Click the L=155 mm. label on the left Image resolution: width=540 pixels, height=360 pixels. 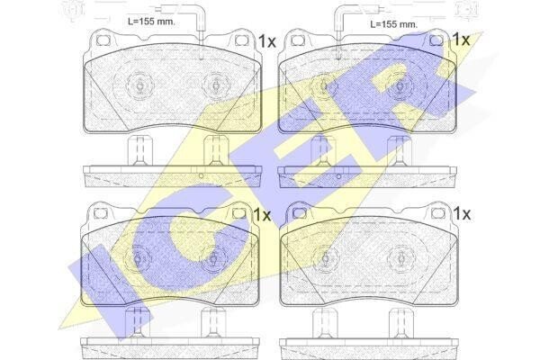tap(151, 22)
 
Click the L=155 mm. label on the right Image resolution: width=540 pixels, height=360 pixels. tap(393, 24)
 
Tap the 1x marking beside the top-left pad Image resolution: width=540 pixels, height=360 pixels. tap(267, 41)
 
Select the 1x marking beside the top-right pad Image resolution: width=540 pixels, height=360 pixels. tap(461, 40)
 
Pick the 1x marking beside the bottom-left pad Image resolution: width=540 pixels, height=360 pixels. tap(262, 215)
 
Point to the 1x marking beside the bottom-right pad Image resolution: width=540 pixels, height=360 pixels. tap(462, 214)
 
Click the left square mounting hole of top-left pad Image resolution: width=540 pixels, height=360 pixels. tap(103, 40)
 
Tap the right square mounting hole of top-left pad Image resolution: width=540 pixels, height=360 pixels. tap(241, 40)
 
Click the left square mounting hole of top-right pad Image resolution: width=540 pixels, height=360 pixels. tap(297, 40)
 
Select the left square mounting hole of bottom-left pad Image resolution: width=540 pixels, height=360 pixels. tap(100, 213)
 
